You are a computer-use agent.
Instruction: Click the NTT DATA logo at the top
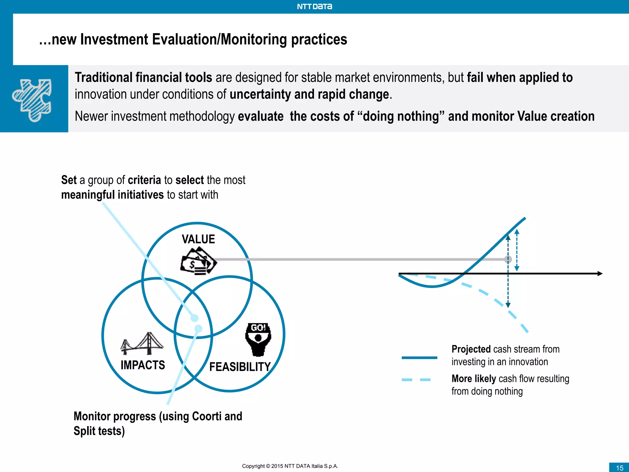314,6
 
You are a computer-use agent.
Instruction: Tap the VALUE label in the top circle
198,239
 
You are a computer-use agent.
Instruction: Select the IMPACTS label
143,365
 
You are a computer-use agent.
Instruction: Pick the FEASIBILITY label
240,367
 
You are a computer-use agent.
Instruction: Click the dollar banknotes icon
198,262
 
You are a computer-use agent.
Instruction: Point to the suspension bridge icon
142,343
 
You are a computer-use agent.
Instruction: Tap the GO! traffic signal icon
258,339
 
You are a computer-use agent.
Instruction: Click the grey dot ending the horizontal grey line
508,259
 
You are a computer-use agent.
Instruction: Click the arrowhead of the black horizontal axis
600,273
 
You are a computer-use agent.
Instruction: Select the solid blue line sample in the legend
419,357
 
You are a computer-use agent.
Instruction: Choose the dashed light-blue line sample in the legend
416,380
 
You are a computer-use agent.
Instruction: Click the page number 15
619,468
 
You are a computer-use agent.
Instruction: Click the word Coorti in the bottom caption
206,416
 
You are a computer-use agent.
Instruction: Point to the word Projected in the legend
471,349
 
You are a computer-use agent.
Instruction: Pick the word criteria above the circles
144,180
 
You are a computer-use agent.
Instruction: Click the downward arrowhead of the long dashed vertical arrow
508,305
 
